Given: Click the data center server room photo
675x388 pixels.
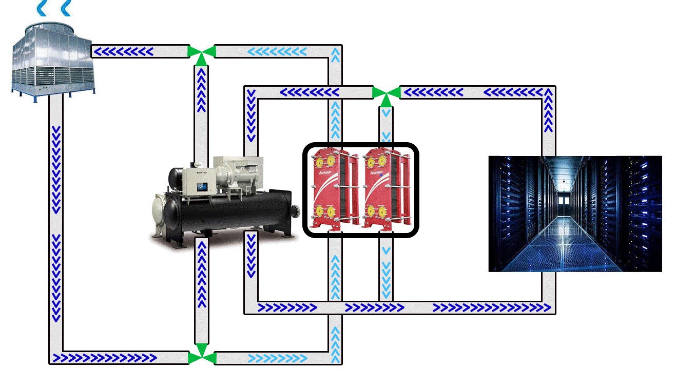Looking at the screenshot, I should click(575, 214).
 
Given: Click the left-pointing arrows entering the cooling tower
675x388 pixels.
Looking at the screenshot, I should click(123, 51).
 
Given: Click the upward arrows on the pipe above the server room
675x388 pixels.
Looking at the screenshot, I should click(549, 110).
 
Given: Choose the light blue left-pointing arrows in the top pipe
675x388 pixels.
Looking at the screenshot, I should click(277, 51).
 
